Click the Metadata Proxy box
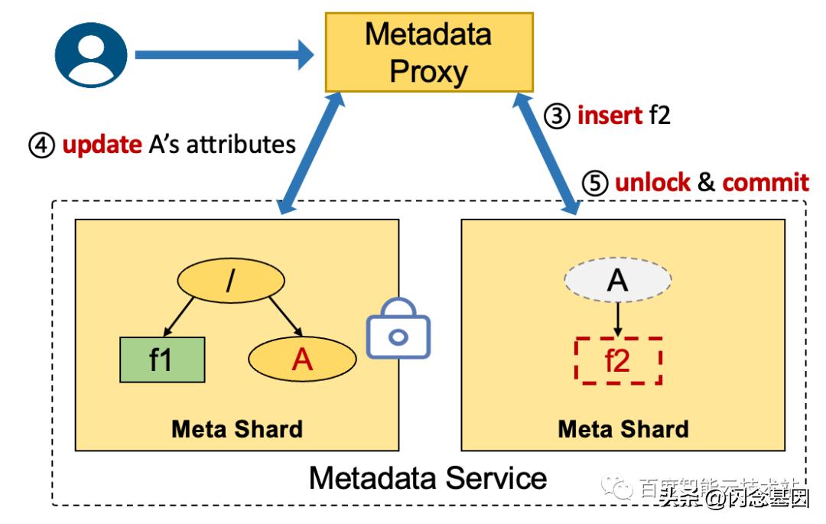pyautogui.click(x=428, y=52)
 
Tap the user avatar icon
pyautogui.click(x=91, y=55)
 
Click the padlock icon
pyautogui.click(x=398, y=329)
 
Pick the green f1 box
pyautogui.click(x=162, y=359)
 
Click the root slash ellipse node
pyautogui.click(x=227, y=282)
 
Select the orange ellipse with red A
pyautogui.click(x=303, y=359)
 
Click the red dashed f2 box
pyautogui.click(x=617, y=360)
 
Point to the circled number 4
pyautogui.click(x=41, y=145)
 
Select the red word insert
pyautogui.click(x=610, y=115)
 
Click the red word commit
pyautogui.click(x=765, y=183)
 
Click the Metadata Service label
pyautogui.click(x=428, y=478)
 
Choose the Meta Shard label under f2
pyautogui.click(x=623, y=428)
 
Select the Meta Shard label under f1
pyautogui.click(x=237, y=428)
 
